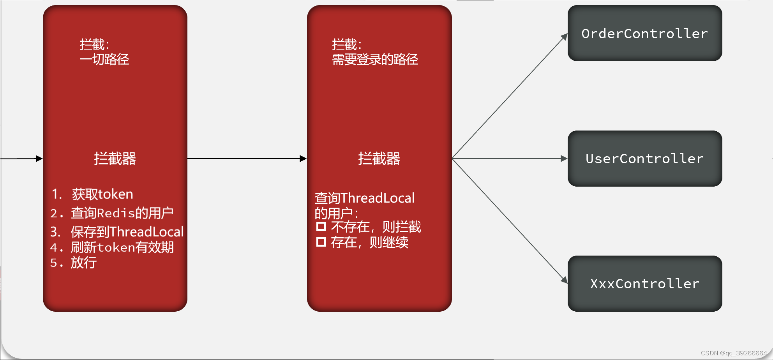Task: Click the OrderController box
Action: tap(644, 33)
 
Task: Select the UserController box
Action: tap(644, 159)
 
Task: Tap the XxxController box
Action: tap(644, 284)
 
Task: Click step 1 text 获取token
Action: tap(102, 194)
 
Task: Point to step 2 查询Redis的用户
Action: tap(122, 213)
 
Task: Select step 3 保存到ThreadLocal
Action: tap(127, 232)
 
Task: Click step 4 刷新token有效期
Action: tap(122, 247)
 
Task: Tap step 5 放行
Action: tap(83, 263)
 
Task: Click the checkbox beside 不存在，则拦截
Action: tap(321, 226)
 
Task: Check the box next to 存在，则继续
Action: tap(321, 242)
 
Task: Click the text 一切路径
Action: tap(104, 59)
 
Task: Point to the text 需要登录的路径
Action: tap(375, 59)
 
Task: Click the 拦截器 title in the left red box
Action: tap(115, 159)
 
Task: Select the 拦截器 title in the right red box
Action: tap(379, 159)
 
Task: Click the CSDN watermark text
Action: tap(734, 353)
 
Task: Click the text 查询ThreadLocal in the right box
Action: tap(365, 198)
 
